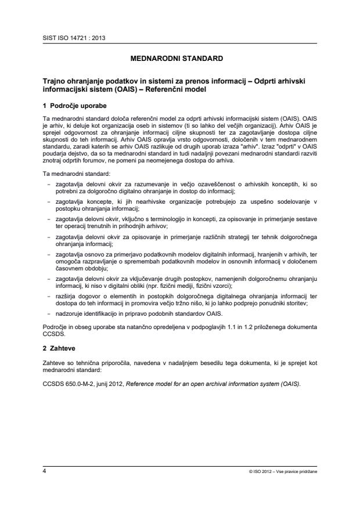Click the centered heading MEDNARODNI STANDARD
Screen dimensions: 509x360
coord(180,59)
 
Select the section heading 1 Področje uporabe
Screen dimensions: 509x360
coord(74,106)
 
